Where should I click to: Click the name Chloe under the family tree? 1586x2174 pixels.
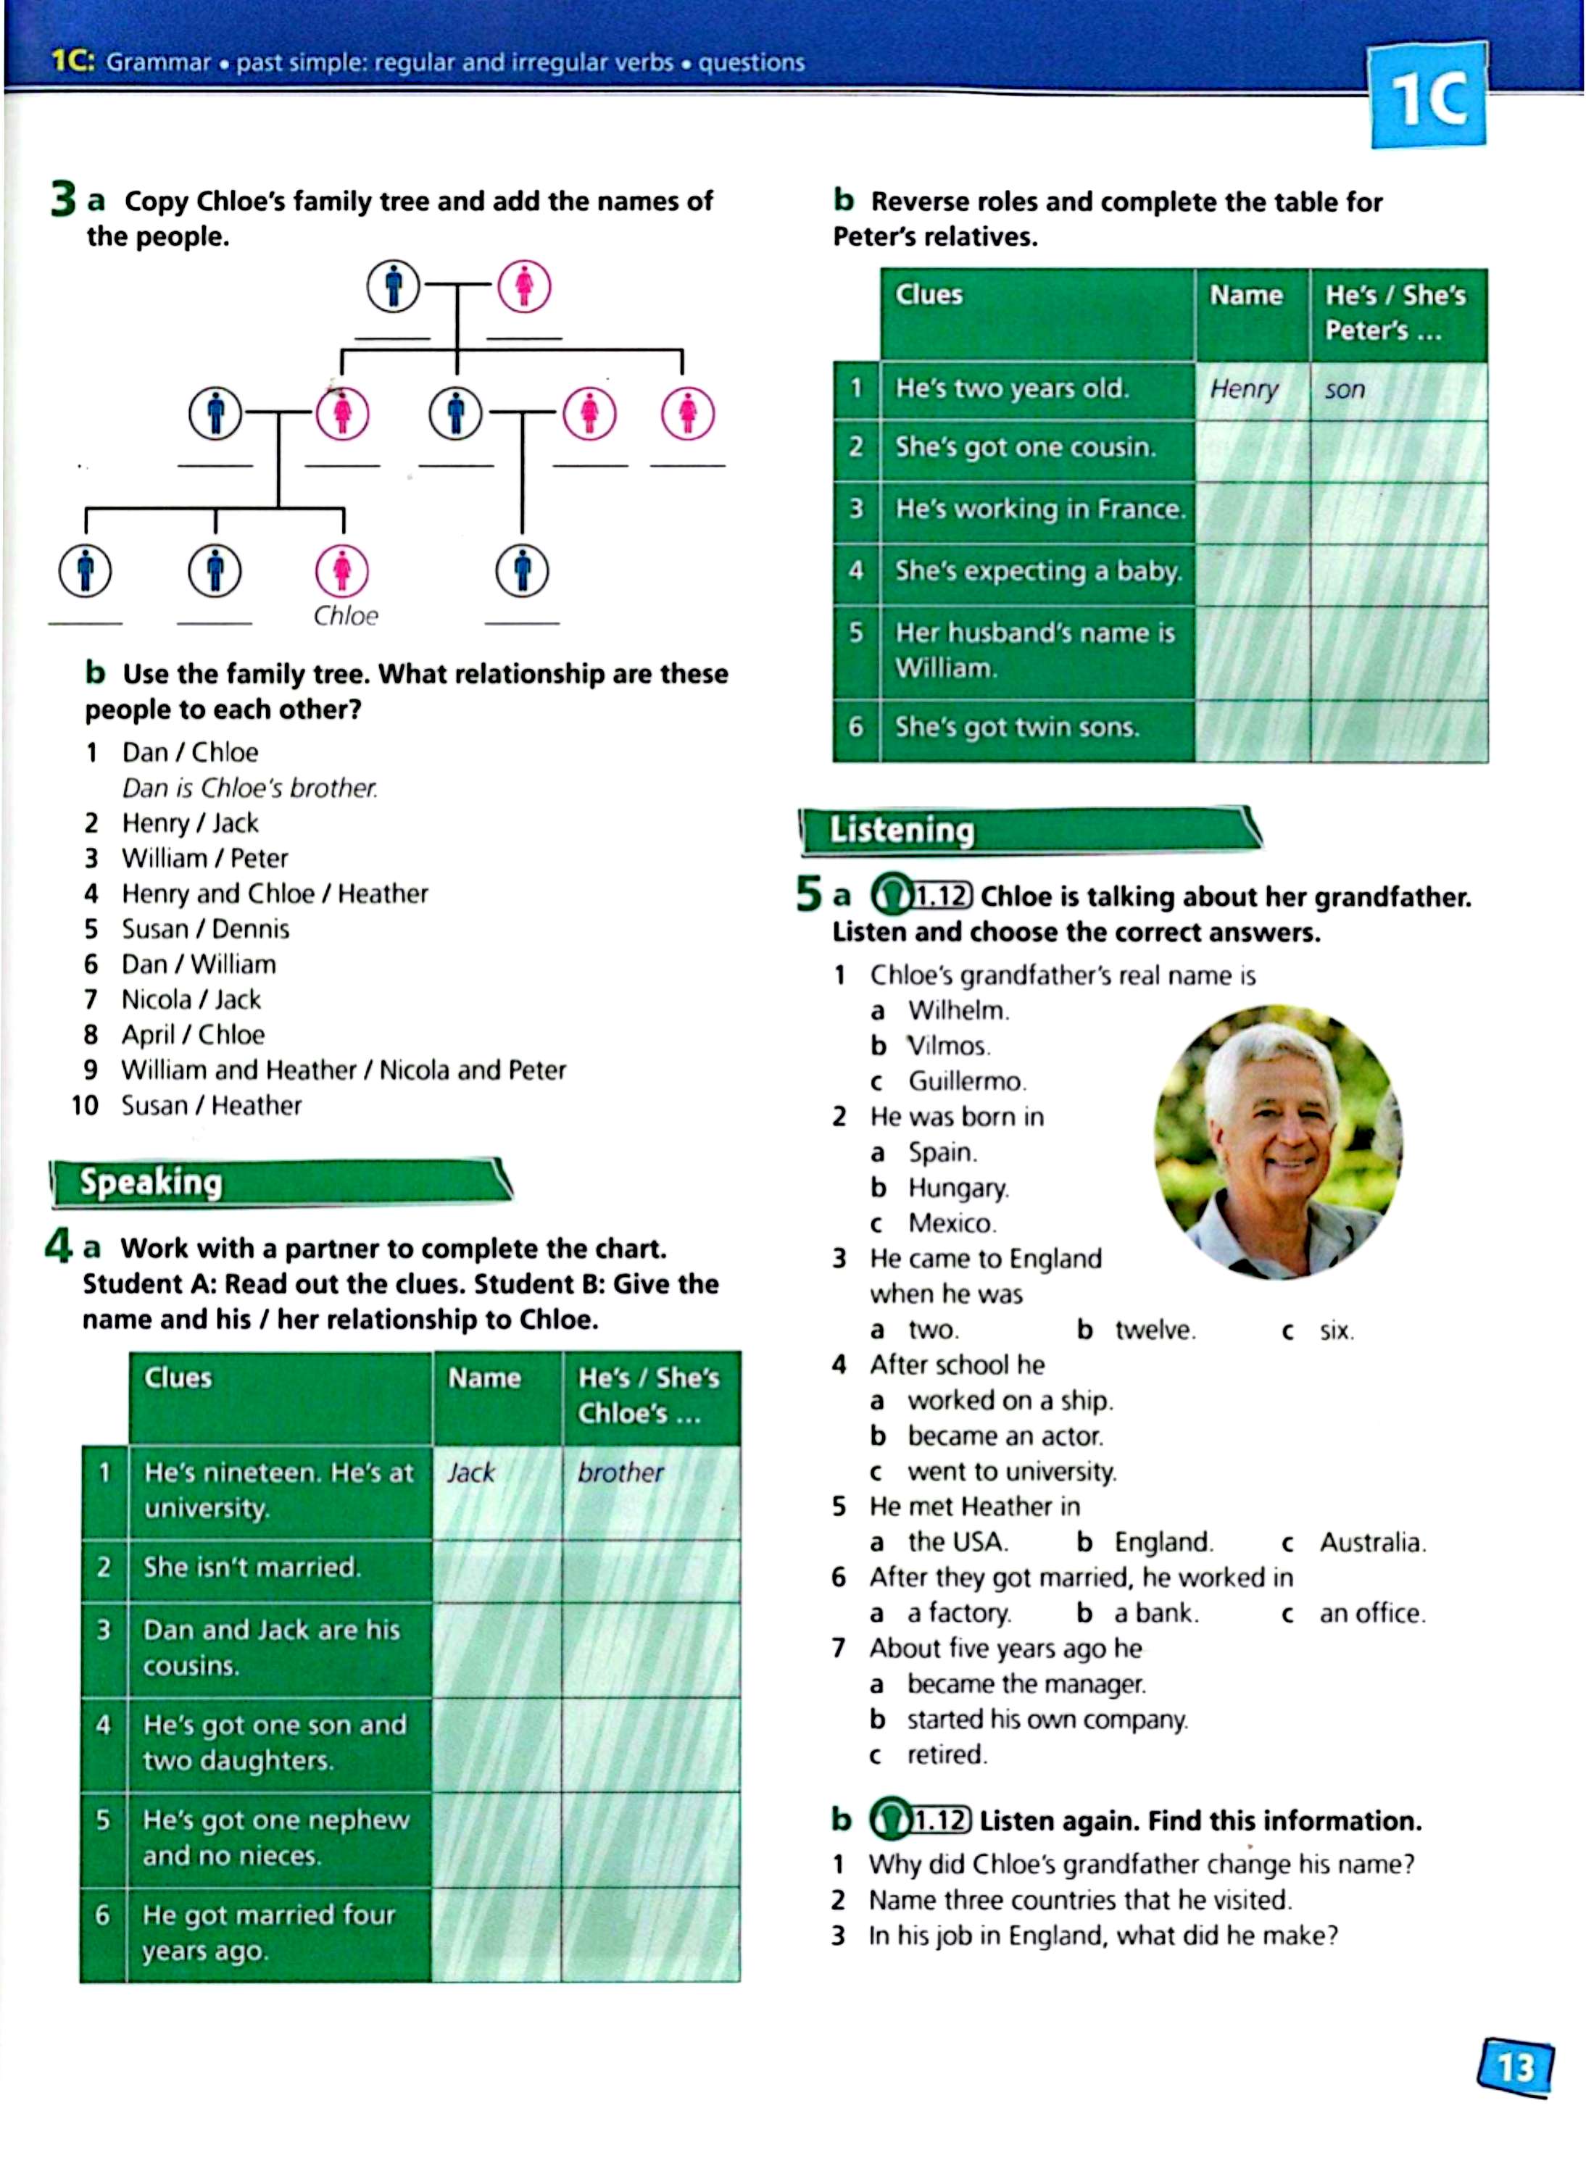pyautogui.click(x=346, y=615)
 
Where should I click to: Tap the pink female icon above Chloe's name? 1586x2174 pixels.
pyautogui.click(x=343, y=570)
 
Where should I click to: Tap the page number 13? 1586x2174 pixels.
pyautogui.click(x=1516, y=2065)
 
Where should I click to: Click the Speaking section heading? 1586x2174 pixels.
pyautogui.click(x=151, y=1181)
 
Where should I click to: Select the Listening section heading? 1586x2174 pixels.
pyautogui.click(x=902, y=829)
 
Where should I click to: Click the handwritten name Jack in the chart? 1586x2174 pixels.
pyautogui.click(x=470, y=1473)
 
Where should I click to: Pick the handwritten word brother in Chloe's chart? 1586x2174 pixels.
pyautogui.click(x=620, y=1473)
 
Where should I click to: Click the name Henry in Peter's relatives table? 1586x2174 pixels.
pyautogui.click(x=1244, y=388)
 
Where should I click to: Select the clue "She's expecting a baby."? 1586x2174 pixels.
pyautogui.click(x=1037, y=571)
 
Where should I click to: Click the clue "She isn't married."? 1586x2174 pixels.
pyautogui.click(x=252, y=1567)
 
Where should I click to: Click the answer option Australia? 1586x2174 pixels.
pyautogui.click(x=1372, y=1542)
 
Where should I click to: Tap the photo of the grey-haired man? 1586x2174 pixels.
pyautogui.click(x=1278, y=1142)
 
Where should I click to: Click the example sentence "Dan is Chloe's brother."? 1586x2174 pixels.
pyautogui.click(x=249, y=788)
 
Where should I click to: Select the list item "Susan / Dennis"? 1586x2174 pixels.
pyautogui.click(x=205, y=929)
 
